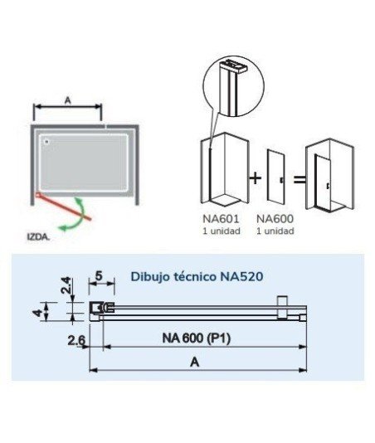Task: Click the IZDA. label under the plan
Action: point(38,236)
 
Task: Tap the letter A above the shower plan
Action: point(67,100)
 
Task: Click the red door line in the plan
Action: point(63,207)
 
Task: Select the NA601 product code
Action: point(222,218)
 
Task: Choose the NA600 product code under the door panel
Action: point(275,218)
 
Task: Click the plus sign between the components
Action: point(256,178)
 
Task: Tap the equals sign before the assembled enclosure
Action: point(299,179)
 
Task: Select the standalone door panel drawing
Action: point(276,175)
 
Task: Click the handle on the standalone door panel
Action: point(282,180)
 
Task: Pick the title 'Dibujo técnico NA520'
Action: point(197,276)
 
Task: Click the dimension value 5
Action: point(99,275)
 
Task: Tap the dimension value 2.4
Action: point(66,286)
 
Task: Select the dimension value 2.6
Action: point(76,340)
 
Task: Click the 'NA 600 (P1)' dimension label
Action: point(197,338)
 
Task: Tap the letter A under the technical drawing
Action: point(195,362)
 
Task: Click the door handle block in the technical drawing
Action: point(282,308)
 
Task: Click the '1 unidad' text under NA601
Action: point(222,231)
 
